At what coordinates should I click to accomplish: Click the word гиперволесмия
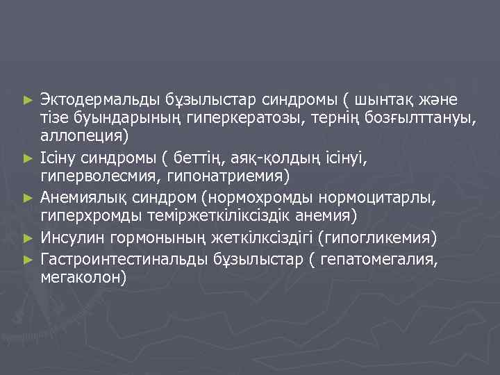tap(100, 176)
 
